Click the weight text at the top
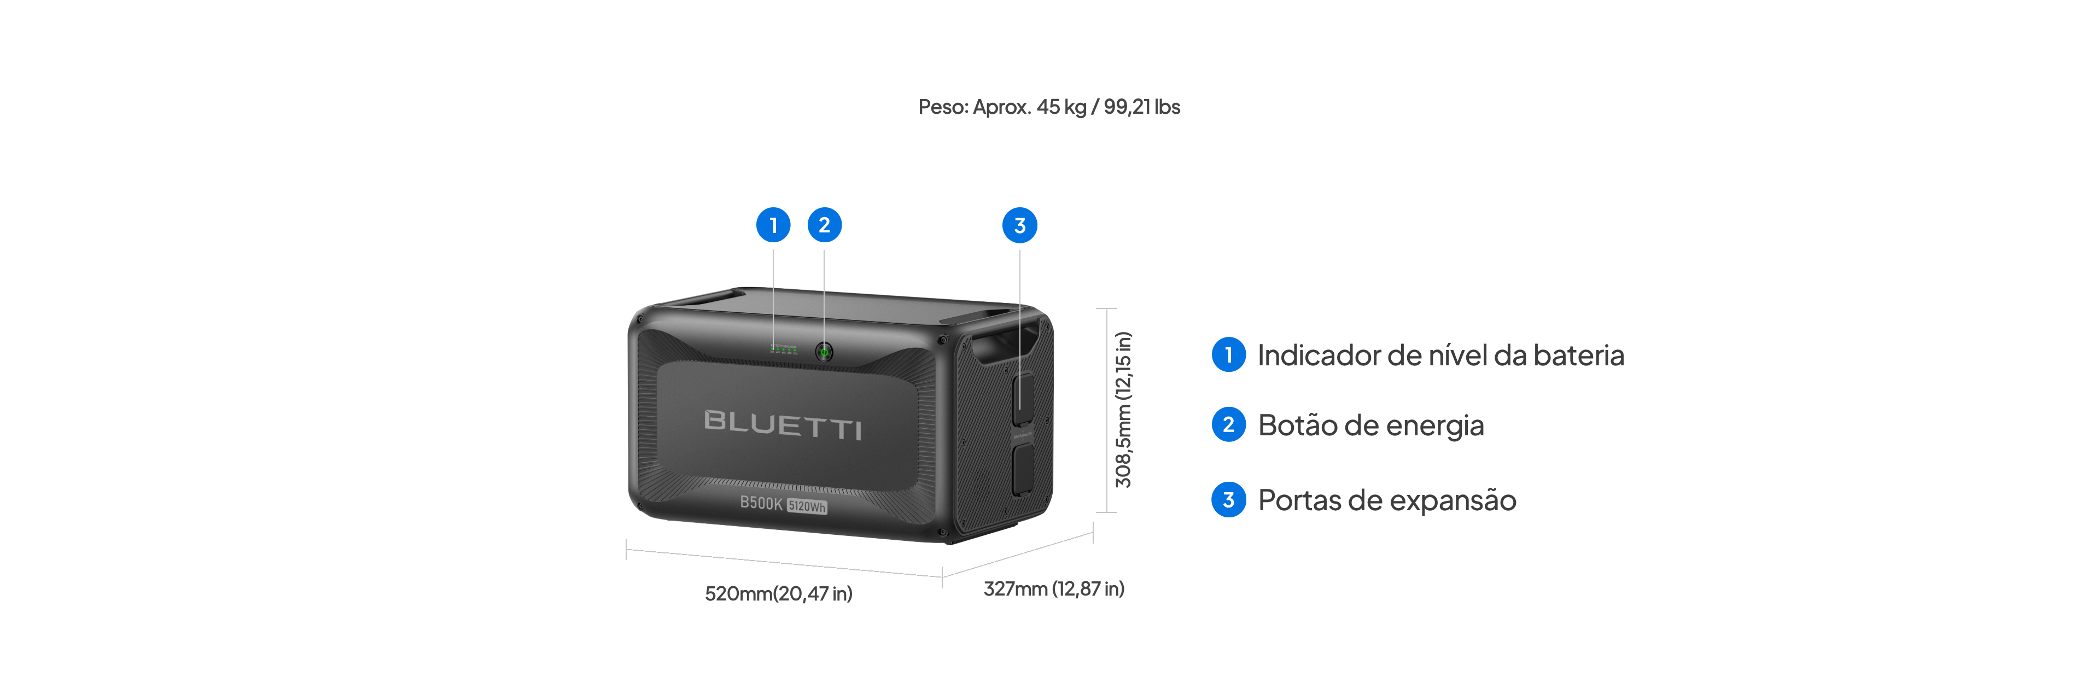tap(1049, 107)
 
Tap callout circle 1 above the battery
tap(773, 225)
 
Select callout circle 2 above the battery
tap(824, 225)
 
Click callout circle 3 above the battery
tap(1020, 226)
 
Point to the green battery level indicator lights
tap(784, 349)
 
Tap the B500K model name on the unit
tap(761, 503)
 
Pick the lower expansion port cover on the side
tap(1022, 469)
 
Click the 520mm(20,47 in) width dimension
tap(779, 593)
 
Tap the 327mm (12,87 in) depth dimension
tap(1054, 588)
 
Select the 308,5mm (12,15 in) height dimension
tap(1123, 410)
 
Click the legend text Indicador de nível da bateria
tap(1440, 355)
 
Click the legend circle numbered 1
tap(1228, 354)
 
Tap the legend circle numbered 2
tap(1228, 424)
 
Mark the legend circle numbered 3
tap(1228, 499)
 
